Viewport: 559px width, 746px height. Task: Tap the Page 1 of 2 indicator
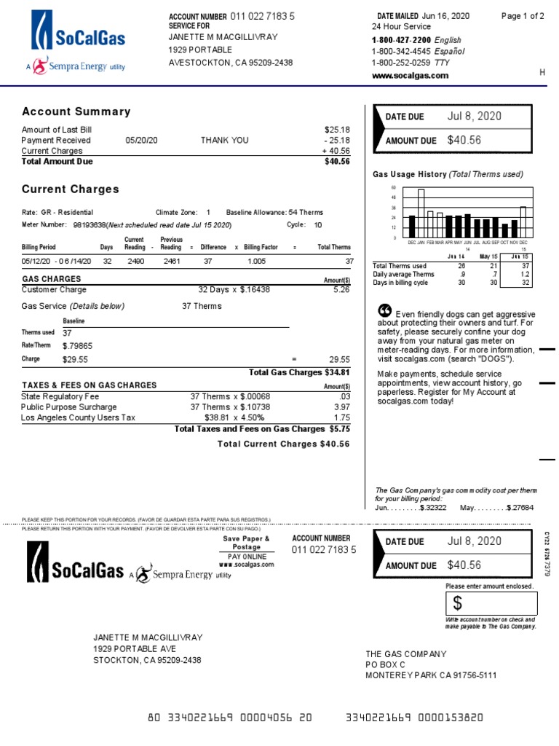[523, 16]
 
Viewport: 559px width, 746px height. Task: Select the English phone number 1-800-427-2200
[401, 40]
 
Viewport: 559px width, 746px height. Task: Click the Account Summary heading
[76, 111]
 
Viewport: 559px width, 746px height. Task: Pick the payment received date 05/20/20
[141, 141]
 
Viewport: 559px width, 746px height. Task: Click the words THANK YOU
[224, 141]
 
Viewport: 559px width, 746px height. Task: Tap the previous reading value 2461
[172, 261]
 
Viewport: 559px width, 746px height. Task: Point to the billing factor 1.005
[256, 261]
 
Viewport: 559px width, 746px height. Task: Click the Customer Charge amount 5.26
[341, 289]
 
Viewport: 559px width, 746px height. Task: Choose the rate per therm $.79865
[77, 346]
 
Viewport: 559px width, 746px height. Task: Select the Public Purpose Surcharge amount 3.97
[341, 407]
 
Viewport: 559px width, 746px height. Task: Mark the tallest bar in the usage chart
[421, 203]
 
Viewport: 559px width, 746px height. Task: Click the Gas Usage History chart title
[448, 174]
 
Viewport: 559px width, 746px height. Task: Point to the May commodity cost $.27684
[520, 508]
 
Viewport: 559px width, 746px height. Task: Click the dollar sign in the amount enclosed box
[458, 603]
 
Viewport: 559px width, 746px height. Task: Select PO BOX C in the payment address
[385, 665]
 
